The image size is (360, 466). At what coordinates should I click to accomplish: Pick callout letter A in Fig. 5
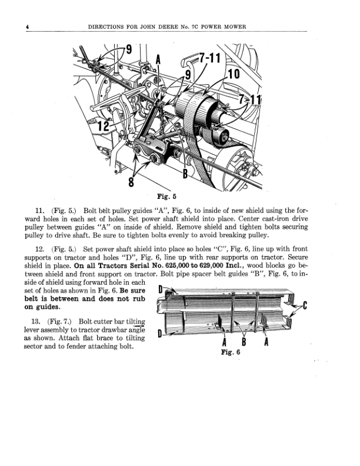pos(158,60)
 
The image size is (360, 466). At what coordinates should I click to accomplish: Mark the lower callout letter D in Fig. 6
pos(161,335)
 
